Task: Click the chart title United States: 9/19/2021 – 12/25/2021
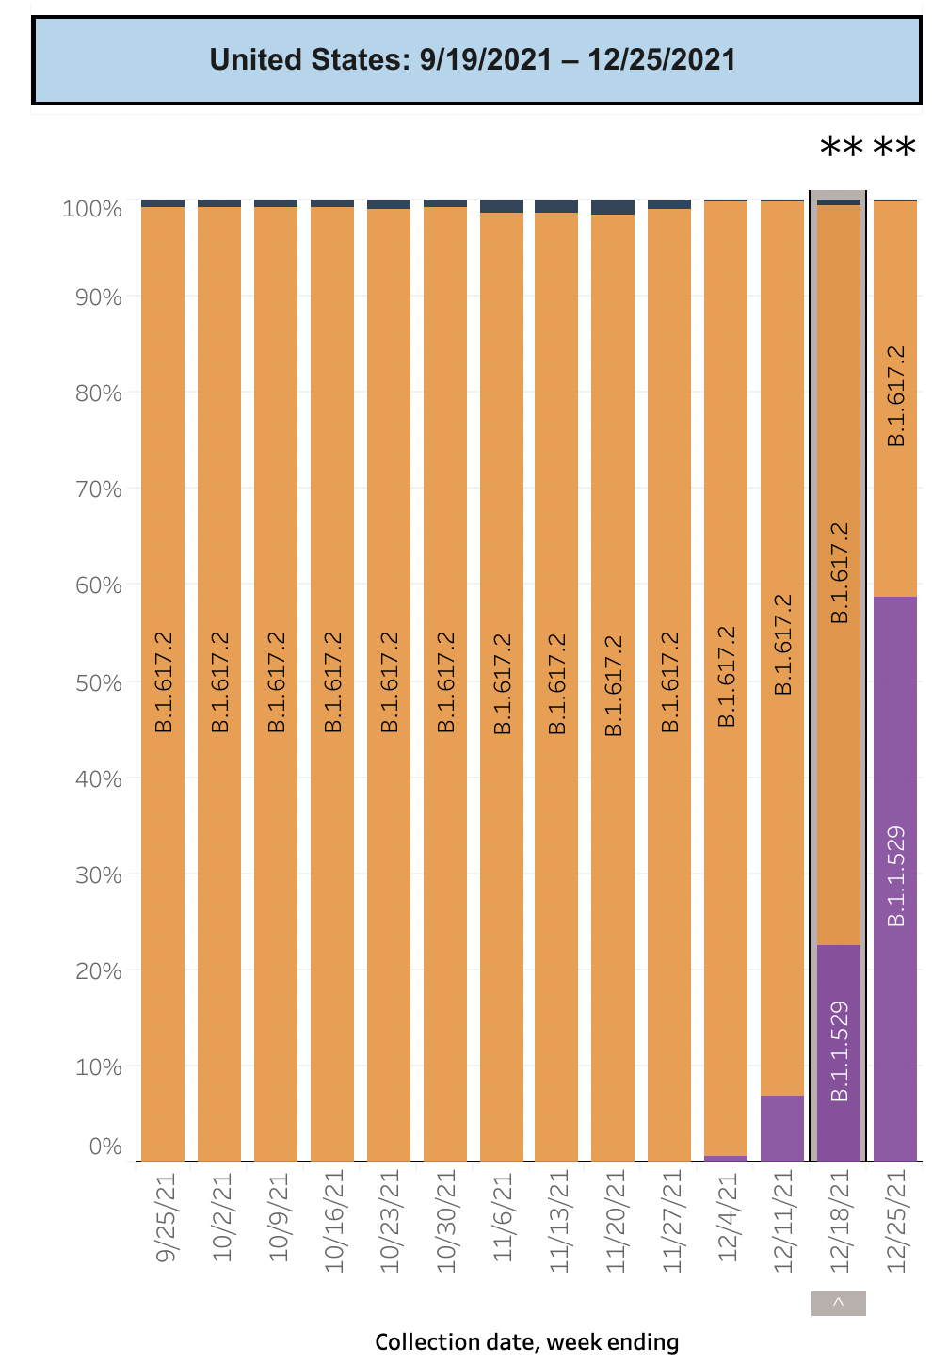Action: pos(474,60)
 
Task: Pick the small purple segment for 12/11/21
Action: pos(782,1128)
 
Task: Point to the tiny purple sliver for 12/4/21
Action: pos(726,1158)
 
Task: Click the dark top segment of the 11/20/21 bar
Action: pos(613,207)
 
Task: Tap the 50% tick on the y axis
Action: pos(99,682)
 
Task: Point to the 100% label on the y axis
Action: pos(92,209)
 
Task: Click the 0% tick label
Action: pos(105,1147)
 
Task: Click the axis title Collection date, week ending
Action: pos(526,1342)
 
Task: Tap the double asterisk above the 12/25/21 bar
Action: pos(895,149)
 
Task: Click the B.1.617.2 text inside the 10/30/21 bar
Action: pos(445,682)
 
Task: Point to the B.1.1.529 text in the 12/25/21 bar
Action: pos(896,875)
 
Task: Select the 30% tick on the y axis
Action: pos(99,875)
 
